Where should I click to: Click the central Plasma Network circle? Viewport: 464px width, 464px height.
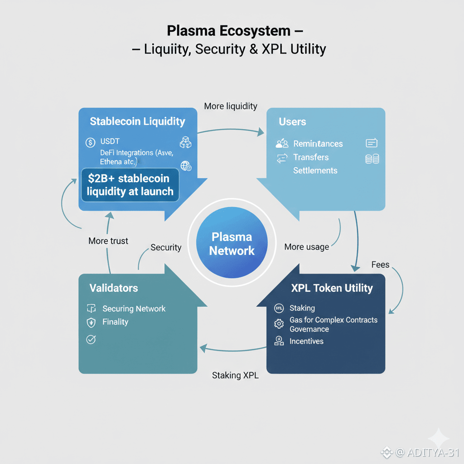[x=232, y=243]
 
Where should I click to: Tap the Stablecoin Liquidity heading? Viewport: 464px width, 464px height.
[x=137, y=121]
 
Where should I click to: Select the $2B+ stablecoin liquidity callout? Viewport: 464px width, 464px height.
[x=130, y=184]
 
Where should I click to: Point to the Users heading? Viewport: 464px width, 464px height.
[x=292, y=122]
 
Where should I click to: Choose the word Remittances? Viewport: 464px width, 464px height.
[x=318, y=144]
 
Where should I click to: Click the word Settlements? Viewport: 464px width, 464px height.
[x=315, y=170]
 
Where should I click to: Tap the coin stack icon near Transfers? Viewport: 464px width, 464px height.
[x=372, y=159]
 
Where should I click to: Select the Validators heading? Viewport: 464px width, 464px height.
[x=114, y=288]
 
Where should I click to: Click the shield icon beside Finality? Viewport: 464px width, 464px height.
[x=91, y=322]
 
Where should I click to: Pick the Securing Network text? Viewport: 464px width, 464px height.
[x=134, y=309]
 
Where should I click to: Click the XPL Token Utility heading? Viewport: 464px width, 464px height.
[x=332, y=288]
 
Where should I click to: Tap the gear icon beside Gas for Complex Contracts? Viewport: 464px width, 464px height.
[x=279, y=324]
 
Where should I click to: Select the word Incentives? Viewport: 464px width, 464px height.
[x=306, y=341]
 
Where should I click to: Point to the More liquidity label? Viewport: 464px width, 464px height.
[x=231, y=106]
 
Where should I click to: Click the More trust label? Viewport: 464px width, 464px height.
[x=108, y=241]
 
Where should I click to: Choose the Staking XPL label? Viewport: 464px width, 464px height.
[x=235, y=375]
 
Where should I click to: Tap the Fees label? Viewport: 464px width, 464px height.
[x=380, y=265]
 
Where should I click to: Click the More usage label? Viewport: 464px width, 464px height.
[x=307, y=247]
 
